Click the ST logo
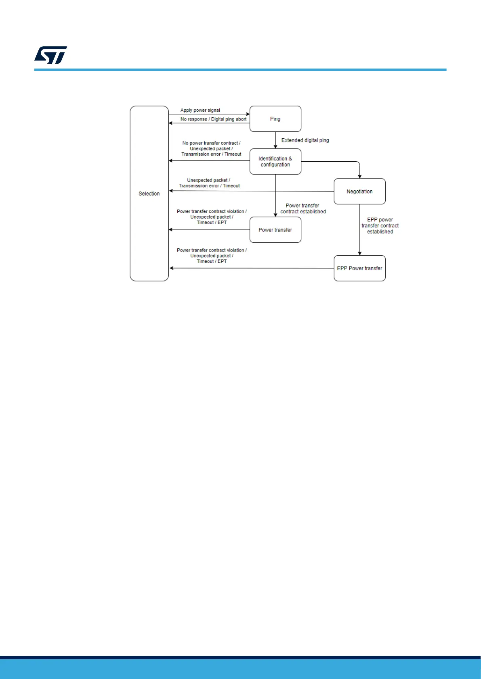point(50,55)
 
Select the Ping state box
point(275,119)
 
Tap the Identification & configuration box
point(275,161)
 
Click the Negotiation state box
point(359,192)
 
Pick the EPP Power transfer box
point(359,268)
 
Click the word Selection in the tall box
point(149,194)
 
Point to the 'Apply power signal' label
point(200,110)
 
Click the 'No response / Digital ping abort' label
point(213,119)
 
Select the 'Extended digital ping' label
point(305,140)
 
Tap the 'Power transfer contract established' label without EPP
point(303,208)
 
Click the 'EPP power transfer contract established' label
point(380,226)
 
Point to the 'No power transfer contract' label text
point(211,143)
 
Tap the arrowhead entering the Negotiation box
point(360,176)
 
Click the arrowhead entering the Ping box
point(248,114)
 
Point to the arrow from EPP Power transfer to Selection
point(250,268)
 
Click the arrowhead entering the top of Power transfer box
point(275,215)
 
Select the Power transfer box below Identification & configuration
point(275,230)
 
